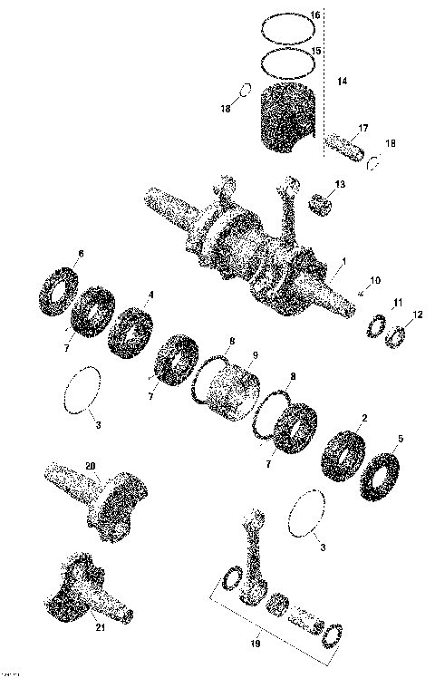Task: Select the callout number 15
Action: coord(315,51)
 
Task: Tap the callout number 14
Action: coord(342,82)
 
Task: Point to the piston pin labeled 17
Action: coord(350,143)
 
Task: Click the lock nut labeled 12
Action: coord(395,337)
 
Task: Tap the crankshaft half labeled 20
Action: coord(95,499)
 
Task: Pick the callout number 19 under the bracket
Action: coord(255,644)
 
